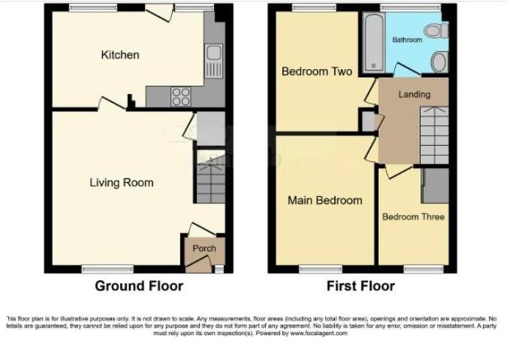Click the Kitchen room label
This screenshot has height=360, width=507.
click(x=119, y=55)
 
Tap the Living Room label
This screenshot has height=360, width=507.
click(x=121, y=182)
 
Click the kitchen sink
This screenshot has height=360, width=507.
click(x=214, y=58)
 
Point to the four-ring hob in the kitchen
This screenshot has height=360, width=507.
click(x=180, y=97)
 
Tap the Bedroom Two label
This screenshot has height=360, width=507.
click(x=317, y=72)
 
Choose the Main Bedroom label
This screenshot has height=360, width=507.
click(x=324, y=200)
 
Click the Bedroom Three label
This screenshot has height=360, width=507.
click(x=412, y=217)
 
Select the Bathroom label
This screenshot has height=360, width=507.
click(x=407, y=40)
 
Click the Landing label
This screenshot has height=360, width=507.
click(x=414, y=95)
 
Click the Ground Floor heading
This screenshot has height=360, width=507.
click(x=139, y=287)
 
